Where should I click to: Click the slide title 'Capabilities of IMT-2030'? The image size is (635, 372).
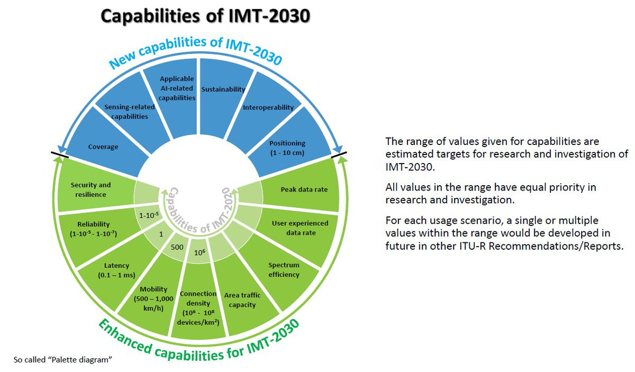click(x=205, y=16)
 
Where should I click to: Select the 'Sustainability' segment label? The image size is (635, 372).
click(x=223, y=89)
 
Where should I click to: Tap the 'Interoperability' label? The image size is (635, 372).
click(x=268, y=107)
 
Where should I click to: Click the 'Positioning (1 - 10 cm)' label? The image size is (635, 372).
click(x=287, y=148)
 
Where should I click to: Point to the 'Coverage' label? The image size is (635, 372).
click(x=103, y=147)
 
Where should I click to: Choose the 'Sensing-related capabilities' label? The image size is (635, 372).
click(x=130, y=112)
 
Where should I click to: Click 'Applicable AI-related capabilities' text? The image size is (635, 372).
click(x=177, y=88)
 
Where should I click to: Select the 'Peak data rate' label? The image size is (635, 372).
click(x=304, y=189)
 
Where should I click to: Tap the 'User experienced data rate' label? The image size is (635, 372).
click(x=300, y=228)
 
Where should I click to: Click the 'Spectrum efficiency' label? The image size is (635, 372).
click(x=284, y=270)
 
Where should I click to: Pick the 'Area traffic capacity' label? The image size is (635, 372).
click(x=242, y=300)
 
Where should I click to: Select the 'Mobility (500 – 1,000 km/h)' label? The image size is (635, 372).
click(x=153, y=298)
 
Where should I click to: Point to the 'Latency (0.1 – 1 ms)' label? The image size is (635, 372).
click(x=116, y=270)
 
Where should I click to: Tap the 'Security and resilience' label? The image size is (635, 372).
click(x=90, y=189)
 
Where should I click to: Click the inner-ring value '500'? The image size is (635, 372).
click(x=177, y=247)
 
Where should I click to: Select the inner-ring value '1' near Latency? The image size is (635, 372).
click(x=161, y=234)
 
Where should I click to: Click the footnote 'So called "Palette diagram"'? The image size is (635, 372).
click(x=63, y=360)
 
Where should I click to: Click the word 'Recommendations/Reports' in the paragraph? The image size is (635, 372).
click(x=556, y=246)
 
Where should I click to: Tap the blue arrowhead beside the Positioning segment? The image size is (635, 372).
click(x=338, y=149)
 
